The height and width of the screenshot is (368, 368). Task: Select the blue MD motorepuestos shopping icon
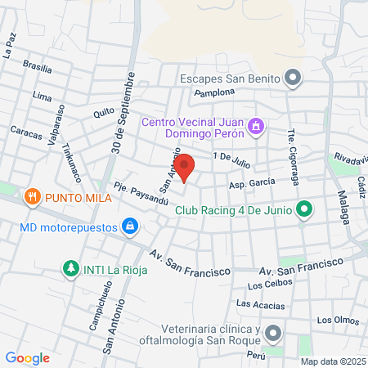(129, 226)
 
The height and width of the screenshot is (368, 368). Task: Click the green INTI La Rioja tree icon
(71, 268)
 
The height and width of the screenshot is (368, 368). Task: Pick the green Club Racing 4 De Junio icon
(304, 210)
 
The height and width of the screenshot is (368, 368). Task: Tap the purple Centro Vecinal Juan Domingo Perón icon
(256, 127)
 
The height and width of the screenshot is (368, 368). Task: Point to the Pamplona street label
(214, 93)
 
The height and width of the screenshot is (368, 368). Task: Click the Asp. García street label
(251, 185)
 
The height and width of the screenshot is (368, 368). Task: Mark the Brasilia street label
(38, 65)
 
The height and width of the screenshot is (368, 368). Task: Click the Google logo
(27, 358)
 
